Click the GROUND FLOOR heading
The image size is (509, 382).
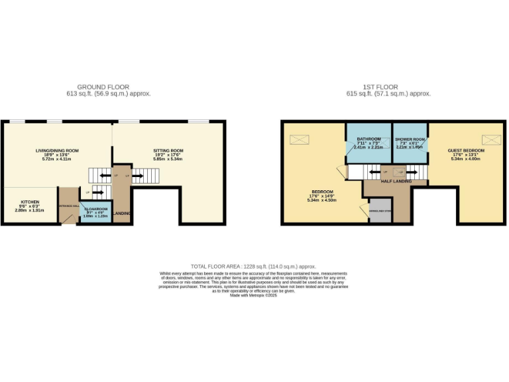coord(103,87)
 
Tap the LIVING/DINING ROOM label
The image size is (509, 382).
coord(57,151)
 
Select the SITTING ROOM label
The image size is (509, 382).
coord(168,151)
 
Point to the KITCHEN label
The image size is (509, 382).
coord(30,202)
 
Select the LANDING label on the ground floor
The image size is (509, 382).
coord(122,214)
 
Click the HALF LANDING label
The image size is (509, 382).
coord(396,181)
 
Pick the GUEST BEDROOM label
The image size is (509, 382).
coord(467,151)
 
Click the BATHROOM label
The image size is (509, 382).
coord(369,139)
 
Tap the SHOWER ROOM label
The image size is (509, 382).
coord(410,139)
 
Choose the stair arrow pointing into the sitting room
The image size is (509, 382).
coord(140,176)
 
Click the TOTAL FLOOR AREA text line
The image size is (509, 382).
coord(254,265)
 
